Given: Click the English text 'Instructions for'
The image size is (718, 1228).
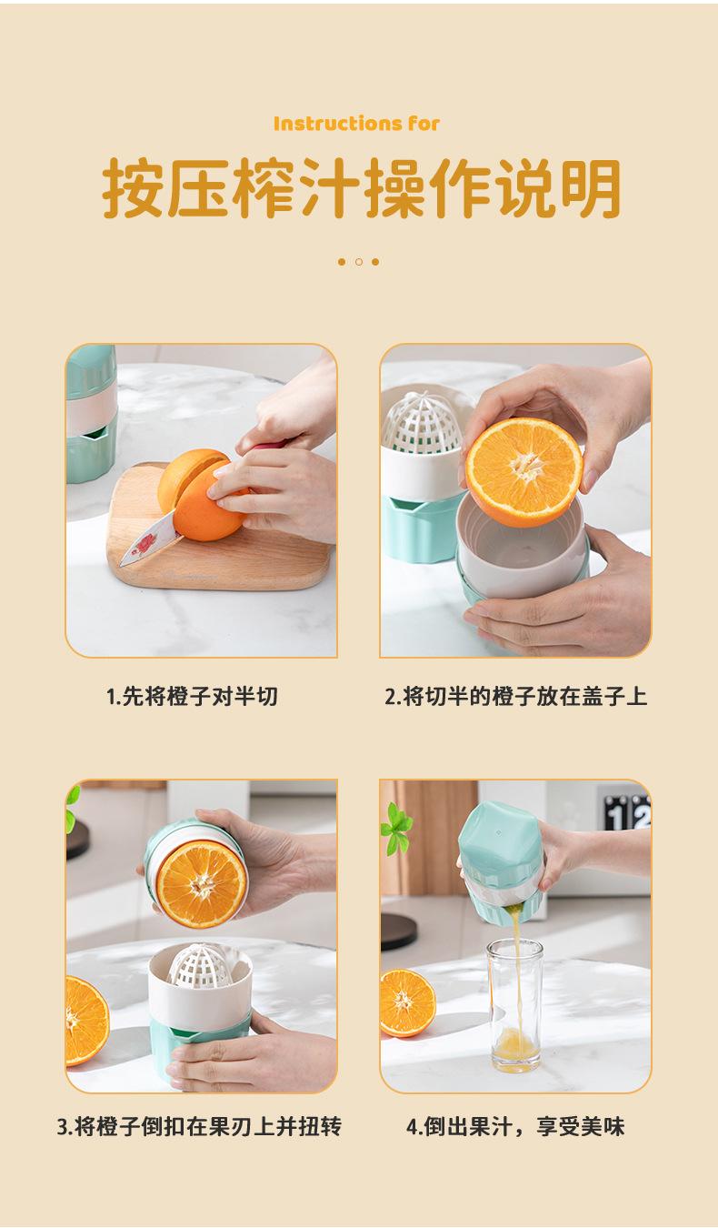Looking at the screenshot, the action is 356,124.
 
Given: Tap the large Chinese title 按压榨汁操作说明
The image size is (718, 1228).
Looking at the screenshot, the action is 362,188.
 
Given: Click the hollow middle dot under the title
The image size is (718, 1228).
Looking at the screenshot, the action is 359,262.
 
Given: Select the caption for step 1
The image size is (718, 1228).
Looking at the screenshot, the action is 193,696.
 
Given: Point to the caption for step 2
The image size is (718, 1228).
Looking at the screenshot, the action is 516,696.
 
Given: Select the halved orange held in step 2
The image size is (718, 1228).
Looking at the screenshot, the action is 524,471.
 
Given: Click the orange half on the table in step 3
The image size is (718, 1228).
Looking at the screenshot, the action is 86,1021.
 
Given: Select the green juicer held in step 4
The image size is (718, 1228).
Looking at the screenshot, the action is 501,864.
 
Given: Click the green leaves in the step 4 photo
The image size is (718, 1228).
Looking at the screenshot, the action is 396,828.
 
